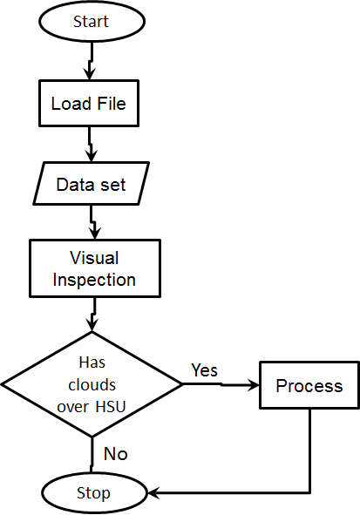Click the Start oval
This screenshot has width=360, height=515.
point(92,22)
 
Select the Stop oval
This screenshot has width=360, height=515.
point(94,493)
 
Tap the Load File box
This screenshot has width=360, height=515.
point(89,103)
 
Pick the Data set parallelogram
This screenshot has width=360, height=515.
point(92,183)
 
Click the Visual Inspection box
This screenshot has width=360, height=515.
point(95,268)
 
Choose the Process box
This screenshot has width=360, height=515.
point(309,385)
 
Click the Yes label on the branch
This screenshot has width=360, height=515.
point(204,370)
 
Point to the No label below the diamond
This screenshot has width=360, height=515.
point(116,454)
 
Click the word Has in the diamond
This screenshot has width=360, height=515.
point(92,363)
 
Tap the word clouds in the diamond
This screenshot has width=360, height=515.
point(92,384)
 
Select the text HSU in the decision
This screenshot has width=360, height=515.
point(111,407)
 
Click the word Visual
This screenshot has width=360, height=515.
point(94,258)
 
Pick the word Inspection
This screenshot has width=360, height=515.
point(94,280)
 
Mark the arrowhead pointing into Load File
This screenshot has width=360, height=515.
point(89,74)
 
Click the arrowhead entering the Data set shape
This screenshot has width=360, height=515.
point(92,156)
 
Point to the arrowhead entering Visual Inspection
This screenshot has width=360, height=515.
point(95,234)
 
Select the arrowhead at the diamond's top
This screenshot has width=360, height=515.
point(92,325)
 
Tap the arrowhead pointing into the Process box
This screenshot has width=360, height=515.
point(254,385)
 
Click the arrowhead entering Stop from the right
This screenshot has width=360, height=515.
point(153,492)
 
